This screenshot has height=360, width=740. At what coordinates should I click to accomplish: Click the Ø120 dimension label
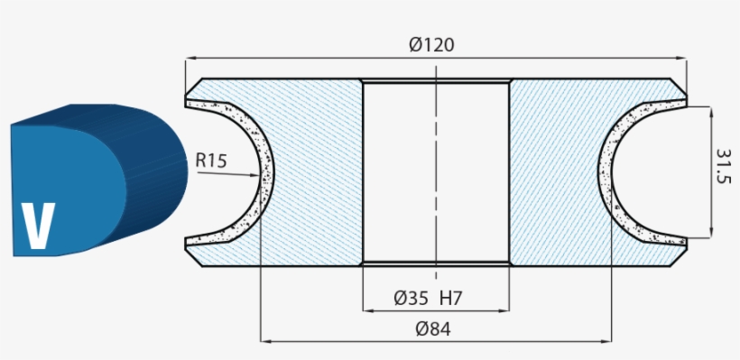430,45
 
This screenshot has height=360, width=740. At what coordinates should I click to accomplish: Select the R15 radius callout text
211,162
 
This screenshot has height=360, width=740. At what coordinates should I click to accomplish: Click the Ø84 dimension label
433,329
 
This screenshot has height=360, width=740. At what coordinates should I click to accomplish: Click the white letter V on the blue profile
37,226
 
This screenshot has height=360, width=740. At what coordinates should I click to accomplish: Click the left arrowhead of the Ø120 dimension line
190,60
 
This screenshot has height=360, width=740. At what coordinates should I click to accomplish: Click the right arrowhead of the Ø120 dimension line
681,60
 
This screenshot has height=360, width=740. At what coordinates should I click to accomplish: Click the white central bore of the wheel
435,171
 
